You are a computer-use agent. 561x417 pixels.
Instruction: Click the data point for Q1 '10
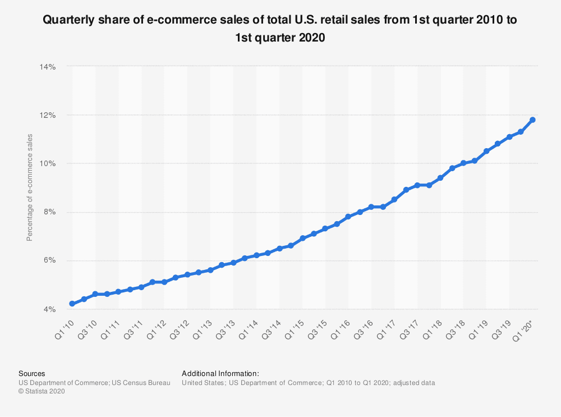[x=72, y=304]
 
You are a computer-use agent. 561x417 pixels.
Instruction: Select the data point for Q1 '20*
[x=532, y=120]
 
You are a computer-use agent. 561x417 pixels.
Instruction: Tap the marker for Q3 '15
[x=325, y=228]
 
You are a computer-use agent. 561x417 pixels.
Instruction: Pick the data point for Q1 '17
[x=394, y=199]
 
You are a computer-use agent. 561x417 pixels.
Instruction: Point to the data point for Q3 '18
[x=463, y=163]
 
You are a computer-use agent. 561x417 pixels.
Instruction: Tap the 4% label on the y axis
[x=49, y=309]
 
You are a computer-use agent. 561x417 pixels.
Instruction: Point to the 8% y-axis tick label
[x=49, y=212]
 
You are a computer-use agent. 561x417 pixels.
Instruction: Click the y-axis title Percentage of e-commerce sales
[x=30, y=187]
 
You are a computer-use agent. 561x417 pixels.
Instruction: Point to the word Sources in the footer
[x=32, y=373]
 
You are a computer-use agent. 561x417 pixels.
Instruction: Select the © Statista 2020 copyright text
[x=42, y=392]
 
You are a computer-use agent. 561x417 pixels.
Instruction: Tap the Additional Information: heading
[x=220, y=373]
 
